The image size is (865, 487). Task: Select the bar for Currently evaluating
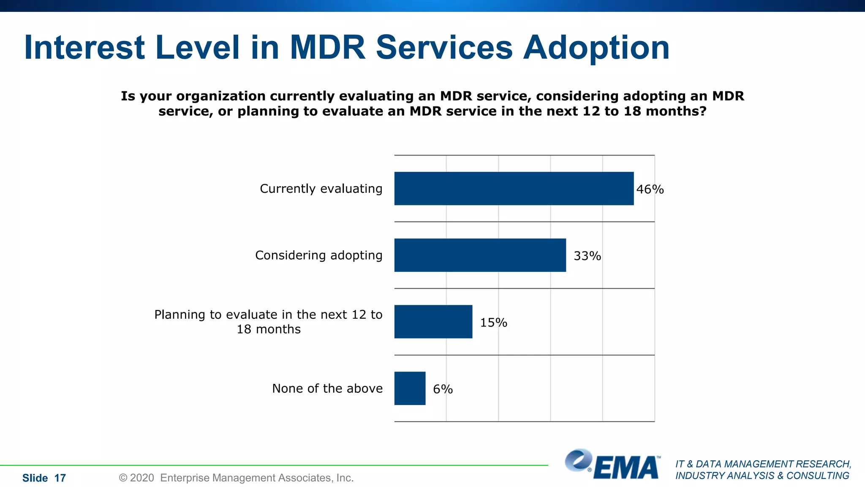(514, 189)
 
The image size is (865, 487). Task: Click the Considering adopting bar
(480, 255)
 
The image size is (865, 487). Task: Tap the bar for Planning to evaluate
(433, 322)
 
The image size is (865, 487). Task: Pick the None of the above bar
(410, 389)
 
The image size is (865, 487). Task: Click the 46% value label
(650, 189)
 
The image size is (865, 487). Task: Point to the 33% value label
(587, 256)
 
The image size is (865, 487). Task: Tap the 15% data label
(493, 323)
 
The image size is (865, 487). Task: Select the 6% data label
(443, 389)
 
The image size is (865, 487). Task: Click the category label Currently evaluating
(321, 189)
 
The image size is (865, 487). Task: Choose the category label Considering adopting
(318, 255)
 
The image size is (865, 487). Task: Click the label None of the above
(327, 389)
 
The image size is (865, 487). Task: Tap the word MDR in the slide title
(327, 47)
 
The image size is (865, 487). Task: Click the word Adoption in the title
(596, 48)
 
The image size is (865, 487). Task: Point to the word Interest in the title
(84, 47)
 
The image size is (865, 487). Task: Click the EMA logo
(612, 465)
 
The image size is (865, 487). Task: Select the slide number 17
(60, 478)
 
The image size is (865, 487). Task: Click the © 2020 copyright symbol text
(136, 478)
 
